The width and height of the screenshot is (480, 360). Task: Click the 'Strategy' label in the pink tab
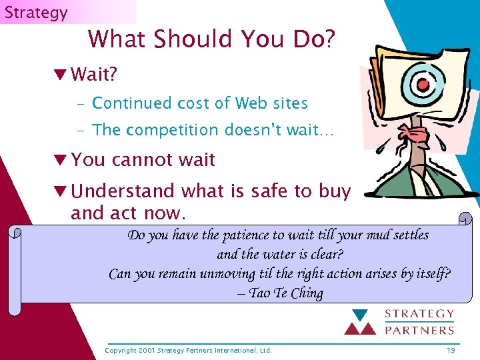click(x=36, y=13)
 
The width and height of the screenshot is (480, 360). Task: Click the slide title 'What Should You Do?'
click(x=211, y=39)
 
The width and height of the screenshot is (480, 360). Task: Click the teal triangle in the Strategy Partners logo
click(x=361, y=315)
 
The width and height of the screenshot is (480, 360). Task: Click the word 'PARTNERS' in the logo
click(x=419, y=329)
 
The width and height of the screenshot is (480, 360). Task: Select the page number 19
click(x=451, y=350)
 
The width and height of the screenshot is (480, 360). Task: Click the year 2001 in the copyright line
click(x=147, y=350)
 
